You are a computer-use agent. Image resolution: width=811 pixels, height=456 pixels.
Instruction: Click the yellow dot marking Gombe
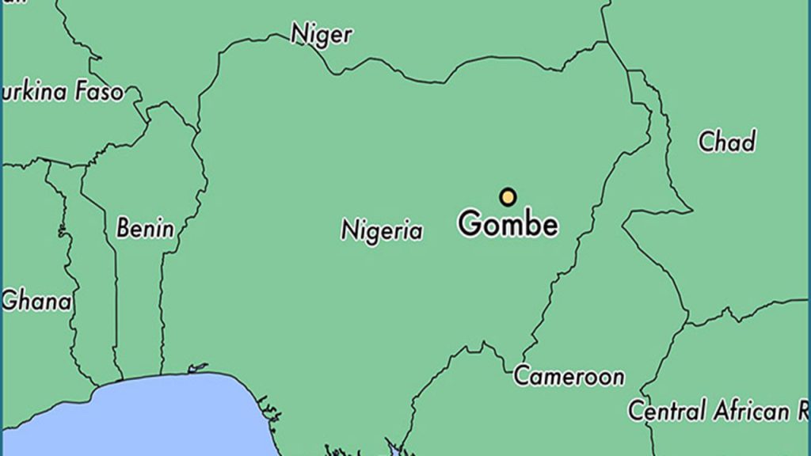[x=508, y=197]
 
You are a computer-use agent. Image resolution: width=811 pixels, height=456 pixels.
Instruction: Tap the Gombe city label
[x=508, y=225]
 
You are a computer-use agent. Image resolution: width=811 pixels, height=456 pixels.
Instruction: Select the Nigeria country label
[x=382, y=230]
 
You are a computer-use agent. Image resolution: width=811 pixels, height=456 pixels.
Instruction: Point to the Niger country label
[x=321, y=34]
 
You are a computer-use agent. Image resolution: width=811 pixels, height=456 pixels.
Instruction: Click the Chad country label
[x=726, y=142]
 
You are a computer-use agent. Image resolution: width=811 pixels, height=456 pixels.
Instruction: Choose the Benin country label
[x=145, y=229]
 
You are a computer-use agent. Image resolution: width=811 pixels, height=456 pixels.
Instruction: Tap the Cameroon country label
[x=569, y=376]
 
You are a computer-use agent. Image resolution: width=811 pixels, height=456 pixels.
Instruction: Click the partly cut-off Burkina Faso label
[x=63, y=92]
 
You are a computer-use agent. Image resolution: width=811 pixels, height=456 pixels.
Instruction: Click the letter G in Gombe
[x=470, y=224]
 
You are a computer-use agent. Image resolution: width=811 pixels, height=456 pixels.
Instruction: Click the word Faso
[x=100, y=92]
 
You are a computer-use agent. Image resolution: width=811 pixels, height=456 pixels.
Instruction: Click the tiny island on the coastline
[x=196, y=367]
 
